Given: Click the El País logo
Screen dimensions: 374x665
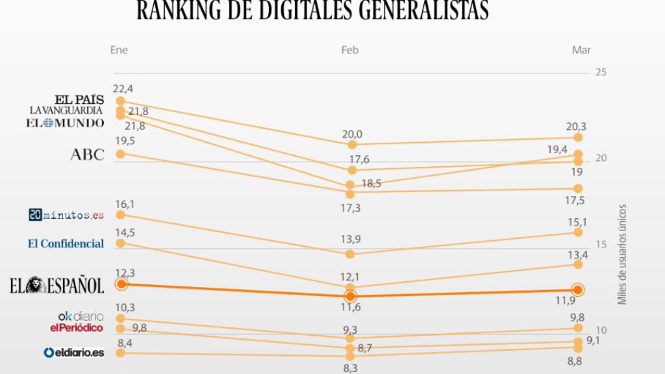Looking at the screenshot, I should point(79,99).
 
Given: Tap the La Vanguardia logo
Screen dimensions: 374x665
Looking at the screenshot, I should point(67,110).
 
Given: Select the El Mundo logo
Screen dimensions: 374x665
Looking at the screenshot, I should point(65,122).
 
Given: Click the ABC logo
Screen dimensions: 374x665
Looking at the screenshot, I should point(87,155).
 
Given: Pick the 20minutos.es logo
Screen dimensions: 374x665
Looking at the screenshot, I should point(66,214).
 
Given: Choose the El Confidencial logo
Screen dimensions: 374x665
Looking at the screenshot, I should point(66,243).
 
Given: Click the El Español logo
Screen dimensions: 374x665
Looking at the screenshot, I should point(56,284).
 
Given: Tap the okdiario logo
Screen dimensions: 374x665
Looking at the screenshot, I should point(81,316).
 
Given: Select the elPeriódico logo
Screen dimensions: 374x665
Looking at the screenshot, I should point(77,328).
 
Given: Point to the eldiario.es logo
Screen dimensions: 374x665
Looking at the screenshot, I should point(73,353).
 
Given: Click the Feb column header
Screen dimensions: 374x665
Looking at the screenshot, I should point(349,51).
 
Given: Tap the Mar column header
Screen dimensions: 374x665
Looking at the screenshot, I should point(581,51).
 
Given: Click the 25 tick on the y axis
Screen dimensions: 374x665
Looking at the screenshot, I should point(600,72).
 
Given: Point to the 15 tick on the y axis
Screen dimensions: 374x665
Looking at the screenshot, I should point(601,245).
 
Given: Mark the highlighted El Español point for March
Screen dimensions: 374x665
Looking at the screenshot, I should point(577,290).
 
